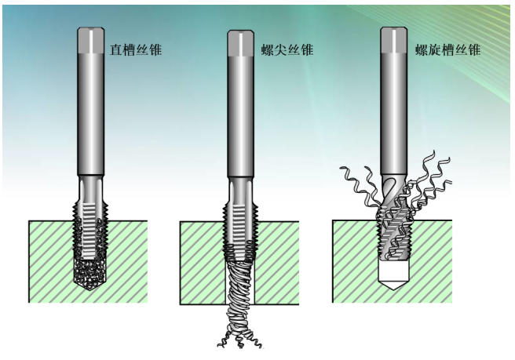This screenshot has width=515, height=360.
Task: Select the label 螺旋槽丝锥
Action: (448, 50)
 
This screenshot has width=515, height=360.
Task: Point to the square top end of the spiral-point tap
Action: (240, 42)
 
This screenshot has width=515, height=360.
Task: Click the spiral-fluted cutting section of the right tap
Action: (393, 227)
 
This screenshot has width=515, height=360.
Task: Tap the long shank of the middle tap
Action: (240, 118)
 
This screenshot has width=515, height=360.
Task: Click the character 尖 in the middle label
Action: (281, 50)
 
